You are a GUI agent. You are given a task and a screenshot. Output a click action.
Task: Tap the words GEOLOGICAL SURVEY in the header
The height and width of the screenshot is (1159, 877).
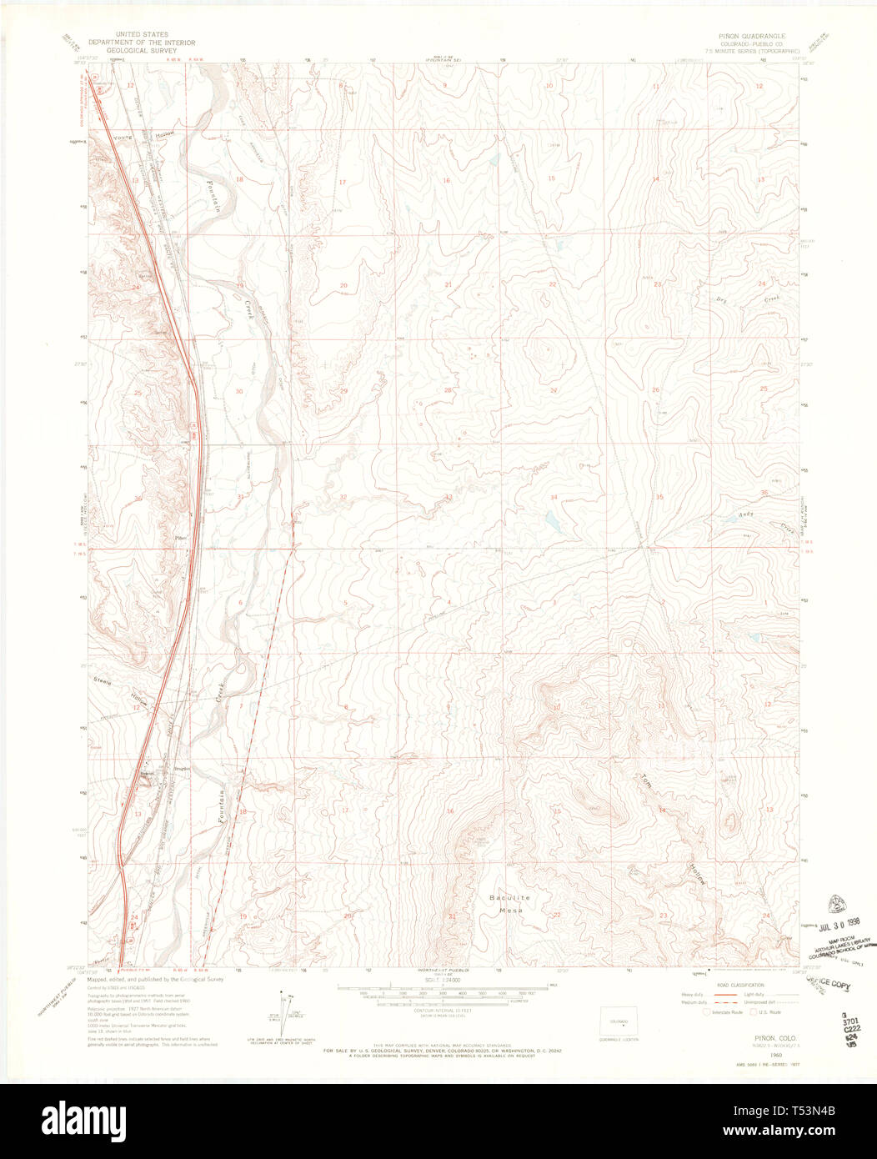tap(141, 50)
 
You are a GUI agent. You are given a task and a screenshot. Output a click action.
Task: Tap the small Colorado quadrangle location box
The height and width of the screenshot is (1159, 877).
tap(619, 1021)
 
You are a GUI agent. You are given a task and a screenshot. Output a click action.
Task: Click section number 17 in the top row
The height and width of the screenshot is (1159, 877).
tap(342, 182)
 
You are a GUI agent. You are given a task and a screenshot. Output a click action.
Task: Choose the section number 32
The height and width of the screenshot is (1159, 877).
tap(343, 497)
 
